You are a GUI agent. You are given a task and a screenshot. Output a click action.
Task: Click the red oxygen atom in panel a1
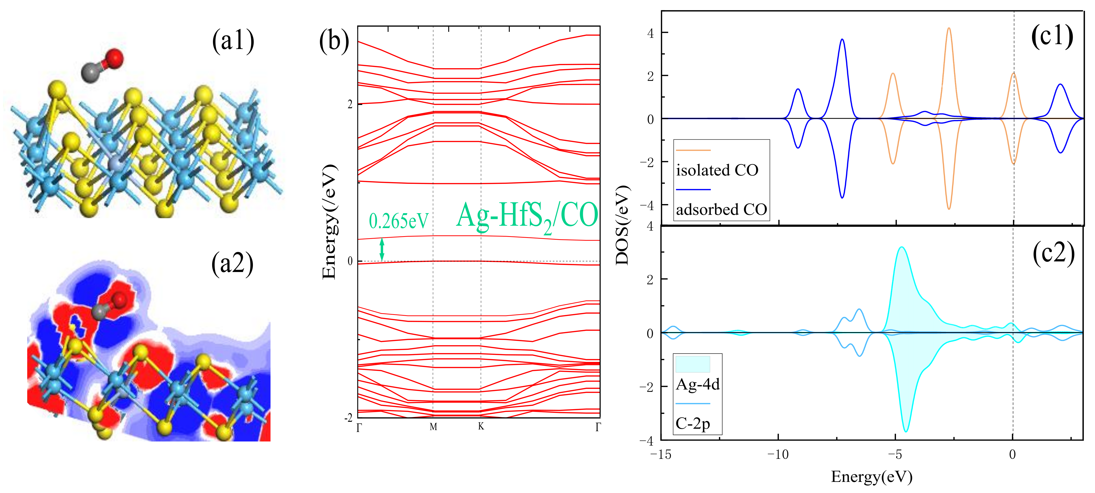[114, 58]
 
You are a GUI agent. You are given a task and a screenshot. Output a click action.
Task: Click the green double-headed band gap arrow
[382, 249]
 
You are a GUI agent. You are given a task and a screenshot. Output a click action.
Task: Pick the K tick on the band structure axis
[481, 426]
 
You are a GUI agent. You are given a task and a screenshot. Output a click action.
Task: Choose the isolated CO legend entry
[717, 170]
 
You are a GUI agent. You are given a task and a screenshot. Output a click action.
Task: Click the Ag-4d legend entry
[697, 384]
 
